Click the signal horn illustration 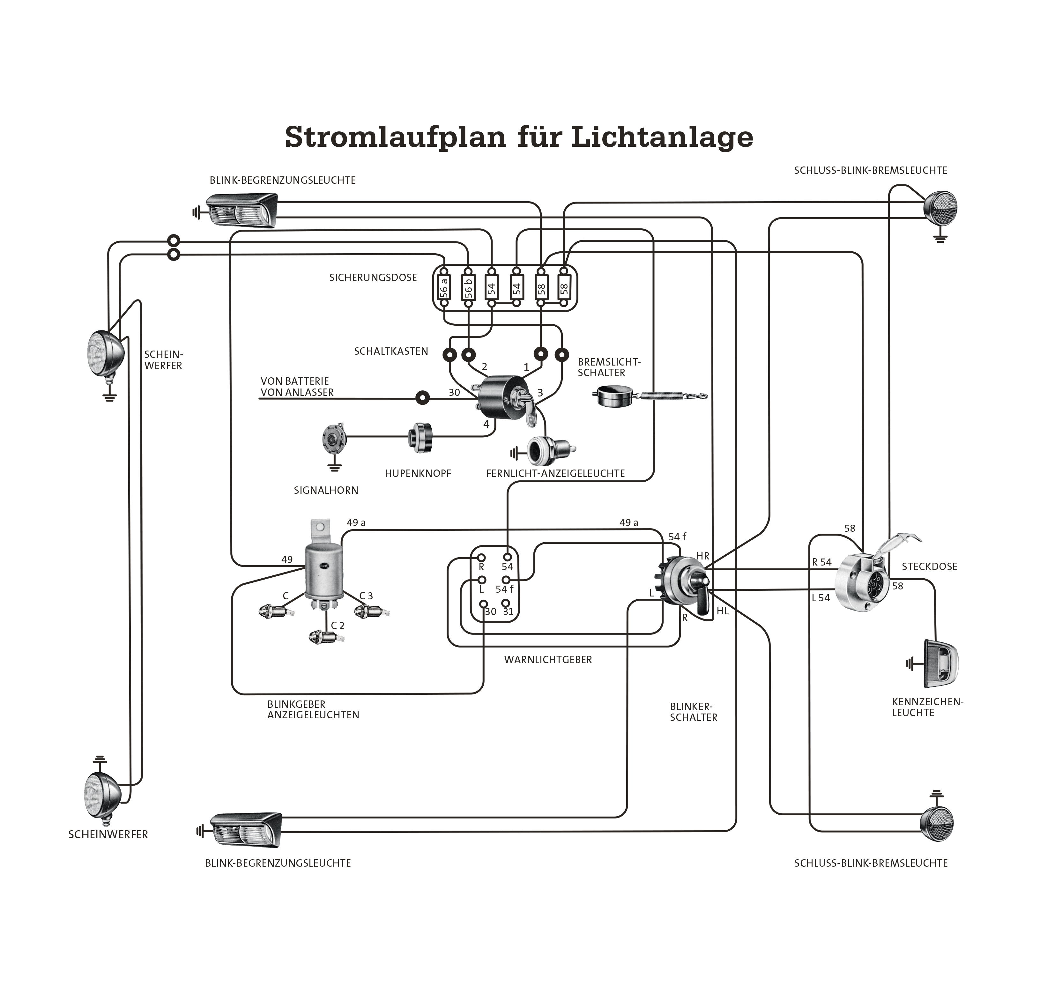[x=334, y=439]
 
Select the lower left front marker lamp [x=245, y=830]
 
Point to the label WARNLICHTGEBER [x=548, y=659]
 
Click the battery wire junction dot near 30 [x=422, y=397]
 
